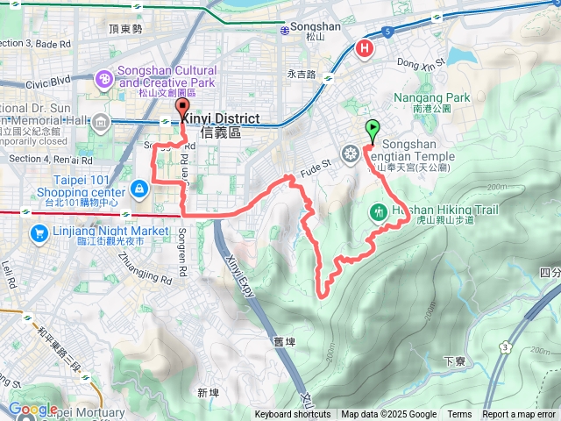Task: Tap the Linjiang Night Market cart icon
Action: coord(39,233)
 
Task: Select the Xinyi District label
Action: coord(224,118)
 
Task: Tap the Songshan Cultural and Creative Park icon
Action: coord(103,81)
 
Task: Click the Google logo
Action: coord(32,409)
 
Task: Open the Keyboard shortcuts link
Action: coord(293,415)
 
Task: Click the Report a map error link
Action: coord(519,415)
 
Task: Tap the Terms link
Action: coord(459,415)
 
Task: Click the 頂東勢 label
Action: coord(125,29)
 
